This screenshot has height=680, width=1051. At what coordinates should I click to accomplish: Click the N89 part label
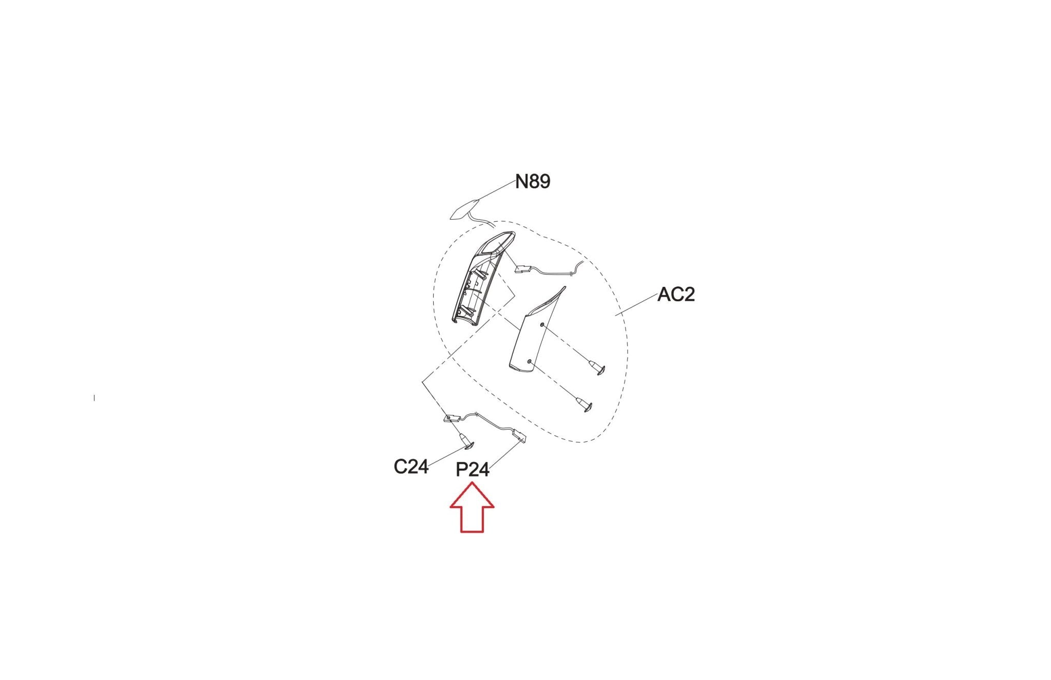tap(533, 182)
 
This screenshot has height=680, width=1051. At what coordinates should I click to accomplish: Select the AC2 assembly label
tap(676, 295)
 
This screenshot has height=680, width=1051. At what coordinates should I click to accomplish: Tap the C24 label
tap(411, 467)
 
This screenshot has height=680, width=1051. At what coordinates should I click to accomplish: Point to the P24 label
tap(472, 470)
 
